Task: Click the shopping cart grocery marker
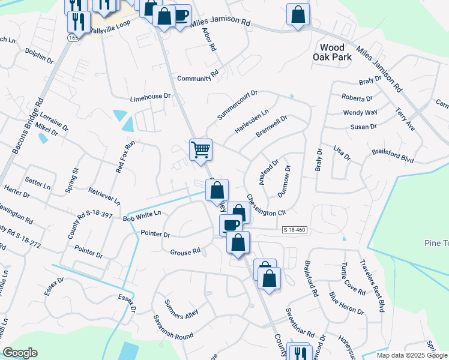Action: pyautogui.click(x=200, y=149)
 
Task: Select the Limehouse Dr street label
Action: pyautogui.click(x=151, y=97)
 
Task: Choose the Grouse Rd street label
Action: pyautogui.click(x=184, y=253)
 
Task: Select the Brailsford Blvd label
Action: pyautogui.click(x=393, y=155)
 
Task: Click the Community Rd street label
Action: pyautogui.click(x=197, y=78)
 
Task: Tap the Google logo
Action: pyautogui.click(x=20, y=352)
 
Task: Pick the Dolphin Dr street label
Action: pyautogui.click(x=40, y=56)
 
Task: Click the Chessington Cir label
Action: pyautogui.click(x=265, y=206)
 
